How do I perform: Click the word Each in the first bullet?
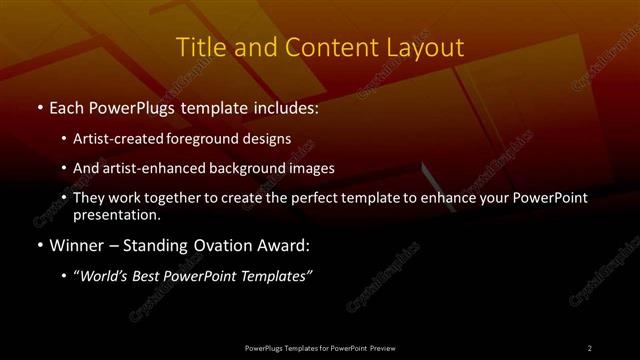[68, 105]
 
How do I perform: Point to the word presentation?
[116, 214]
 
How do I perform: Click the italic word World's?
[103, 276]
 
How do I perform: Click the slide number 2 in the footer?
[590, 347]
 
